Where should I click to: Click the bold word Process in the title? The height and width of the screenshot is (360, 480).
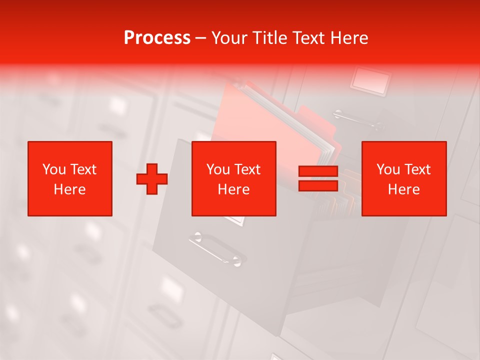tap(157, 38)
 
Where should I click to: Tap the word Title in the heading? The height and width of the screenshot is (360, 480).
tap(270, 38)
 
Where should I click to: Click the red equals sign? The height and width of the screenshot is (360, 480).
tap(318, 178)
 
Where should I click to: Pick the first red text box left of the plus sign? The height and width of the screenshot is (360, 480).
tap(70, 178)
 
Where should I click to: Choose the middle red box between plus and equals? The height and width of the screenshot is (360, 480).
tap(233, 178)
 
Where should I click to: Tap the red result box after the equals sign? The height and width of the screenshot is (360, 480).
tap(403, 178)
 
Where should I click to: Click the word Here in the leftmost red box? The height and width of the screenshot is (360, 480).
tap(70, 189)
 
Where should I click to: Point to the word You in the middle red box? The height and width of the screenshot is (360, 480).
tap(218, 169)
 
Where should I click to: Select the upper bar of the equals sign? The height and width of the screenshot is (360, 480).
tap(318, 171)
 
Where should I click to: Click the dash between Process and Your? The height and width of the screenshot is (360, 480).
tap(201, 38)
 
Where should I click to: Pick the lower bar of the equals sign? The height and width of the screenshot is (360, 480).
tap(318, 185)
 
